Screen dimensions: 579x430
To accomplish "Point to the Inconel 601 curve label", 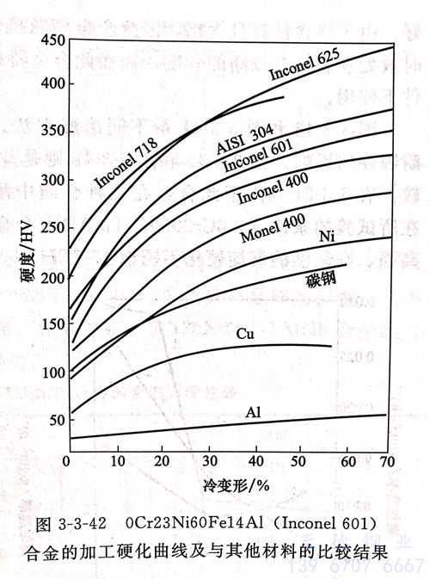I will [x=257, y=155].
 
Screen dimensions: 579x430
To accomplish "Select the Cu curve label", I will [x=243, y=333].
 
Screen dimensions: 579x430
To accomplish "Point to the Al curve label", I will [x=253, y=413].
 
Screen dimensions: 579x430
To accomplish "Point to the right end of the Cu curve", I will [x=331, y=346].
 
